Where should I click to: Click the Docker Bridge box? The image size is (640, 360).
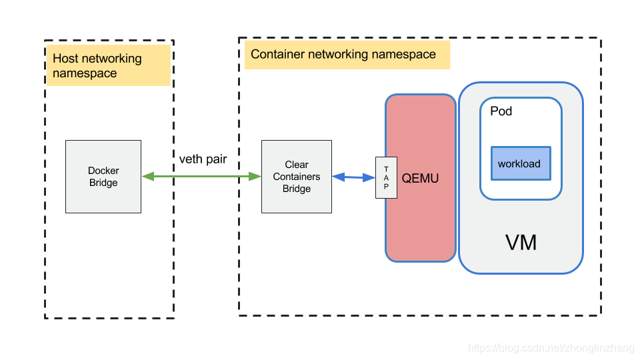pos(103,177)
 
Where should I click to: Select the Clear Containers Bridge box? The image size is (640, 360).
pos(297,177)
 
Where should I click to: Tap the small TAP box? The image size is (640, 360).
pos(386,177)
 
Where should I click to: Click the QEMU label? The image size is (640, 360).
pos(420,179)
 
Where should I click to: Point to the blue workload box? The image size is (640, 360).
pos(521,163)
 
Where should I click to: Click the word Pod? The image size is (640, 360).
pos(501,111)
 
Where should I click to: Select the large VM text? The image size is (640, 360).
pos(521,243)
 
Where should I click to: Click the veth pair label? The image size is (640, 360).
pos(203,159)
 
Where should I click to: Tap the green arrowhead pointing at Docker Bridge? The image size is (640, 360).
pos(148,176)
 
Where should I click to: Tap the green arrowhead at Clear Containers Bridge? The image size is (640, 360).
pos(255,176)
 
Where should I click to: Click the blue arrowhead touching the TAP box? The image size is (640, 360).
pos(369,177)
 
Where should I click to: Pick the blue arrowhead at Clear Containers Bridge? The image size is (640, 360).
pos(339,177)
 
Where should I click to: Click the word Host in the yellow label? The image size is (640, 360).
pos(65,59)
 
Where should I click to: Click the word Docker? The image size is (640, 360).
pos(103,171)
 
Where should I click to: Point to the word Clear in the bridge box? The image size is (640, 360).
pos(297,165)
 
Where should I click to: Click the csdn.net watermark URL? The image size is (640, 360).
pos(551,348)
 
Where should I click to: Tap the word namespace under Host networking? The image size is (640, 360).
pos(85,73)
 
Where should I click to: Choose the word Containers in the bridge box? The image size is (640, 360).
pos(297,177)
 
